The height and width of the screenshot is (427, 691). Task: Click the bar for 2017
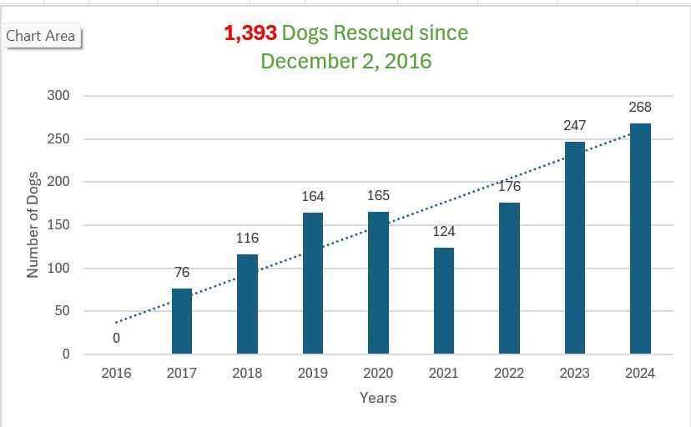pyautogui.click(x=182, y=321)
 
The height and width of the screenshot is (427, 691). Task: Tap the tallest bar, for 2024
pyautogui.click(x=640, y=239)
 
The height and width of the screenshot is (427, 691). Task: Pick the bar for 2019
pyautogui.click(x=313, y=284)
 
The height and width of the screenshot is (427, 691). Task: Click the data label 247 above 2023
pyautogui.click(x=575, y=125)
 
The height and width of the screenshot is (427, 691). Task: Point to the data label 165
pyautogui.click(x=378, y=195)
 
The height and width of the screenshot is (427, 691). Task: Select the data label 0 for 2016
pyautogui.click(x=116, y=338)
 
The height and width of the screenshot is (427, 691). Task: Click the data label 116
pyautogui.click(x=247, y=238)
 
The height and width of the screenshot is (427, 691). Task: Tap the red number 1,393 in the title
pyautogui.click(x=250, y=33)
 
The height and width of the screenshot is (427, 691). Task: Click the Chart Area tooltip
pyautogui.click(x=41, y=36)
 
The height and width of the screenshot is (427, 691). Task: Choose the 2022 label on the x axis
pyautogui.click(x=509, y=373)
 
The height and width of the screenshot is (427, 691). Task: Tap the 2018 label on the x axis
pyautogui.click(x=247, y=373)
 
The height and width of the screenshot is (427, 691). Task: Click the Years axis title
pyautogui.click(x=378, y=398)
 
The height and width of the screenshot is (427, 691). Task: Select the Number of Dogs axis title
pyautogui.click(x=33, y=225)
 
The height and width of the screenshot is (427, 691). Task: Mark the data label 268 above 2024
pyautogui.click(x=640, y=108)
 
